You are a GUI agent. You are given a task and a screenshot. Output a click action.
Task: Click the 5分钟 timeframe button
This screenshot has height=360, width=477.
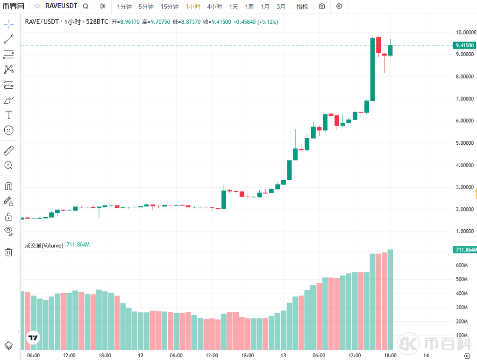point(146,7)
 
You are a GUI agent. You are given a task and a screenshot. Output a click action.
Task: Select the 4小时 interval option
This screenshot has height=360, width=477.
point(214,7)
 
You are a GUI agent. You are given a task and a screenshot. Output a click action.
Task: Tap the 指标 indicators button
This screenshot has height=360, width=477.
point(302,7)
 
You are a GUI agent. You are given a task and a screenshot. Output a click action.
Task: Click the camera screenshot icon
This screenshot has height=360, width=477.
point(322,6)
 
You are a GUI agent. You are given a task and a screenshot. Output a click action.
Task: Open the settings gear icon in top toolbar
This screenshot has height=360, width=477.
point(339,6)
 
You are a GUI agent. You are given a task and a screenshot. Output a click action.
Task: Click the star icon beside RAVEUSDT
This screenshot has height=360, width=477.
point(37,6)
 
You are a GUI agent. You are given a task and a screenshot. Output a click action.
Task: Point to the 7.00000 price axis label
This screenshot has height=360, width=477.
point(464,99)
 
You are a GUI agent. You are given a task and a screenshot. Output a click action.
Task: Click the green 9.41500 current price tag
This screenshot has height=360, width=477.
point(464,45)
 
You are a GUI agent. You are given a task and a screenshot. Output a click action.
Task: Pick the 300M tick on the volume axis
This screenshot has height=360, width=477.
point(462,307)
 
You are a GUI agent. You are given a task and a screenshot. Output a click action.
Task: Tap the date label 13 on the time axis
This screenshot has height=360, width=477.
point(283,355)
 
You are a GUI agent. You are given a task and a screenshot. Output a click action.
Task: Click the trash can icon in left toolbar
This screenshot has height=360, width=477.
point(8,252)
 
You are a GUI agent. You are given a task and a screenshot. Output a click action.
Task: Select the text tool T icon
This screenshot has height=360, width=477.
point(8,114)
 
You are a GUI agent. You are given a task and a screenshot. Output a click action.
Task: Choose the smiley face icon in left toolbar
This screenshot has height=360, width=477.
point(8,130)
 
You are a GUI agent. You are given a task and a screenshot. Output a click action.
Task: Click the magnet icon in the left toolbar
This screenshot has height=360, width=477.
point(8,186)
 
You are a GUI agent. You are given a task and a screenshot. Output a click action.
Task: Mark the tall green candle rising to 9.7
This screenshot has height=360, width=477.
point(373,69)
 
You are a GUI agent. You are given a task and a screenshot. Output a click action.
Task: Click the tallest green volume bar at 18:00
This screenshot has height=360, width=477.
point(390,299)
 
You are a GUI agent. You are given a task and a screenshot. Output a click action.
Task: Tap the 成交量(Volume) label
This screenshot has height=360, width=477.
point(44,246)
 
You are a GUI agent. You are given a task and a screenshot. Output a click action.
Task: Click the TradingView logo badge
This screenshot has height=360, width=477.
point(33,338)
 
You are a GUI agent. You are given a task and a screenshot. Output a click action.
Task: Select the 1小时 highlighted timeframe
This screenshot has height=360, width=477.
point(193,7)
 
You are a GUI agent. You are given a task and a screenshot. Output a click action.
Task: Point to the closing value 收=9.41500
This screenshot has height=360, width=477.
point(217,22)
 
